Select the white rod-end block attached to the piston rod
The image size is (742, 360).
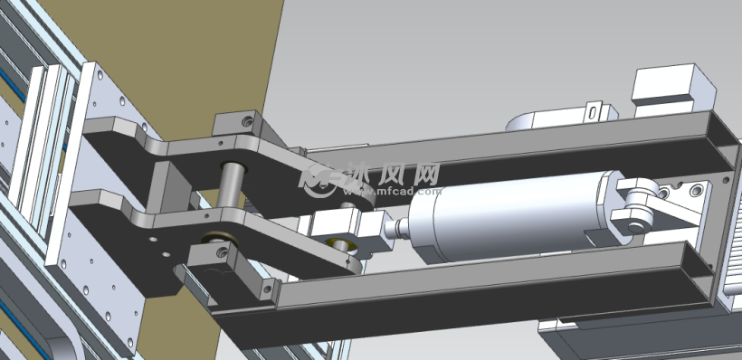[351, 228]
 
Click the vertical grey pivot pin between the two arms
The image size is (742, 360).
[232, 185]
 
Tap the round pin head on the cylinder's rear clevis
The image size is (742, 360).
[635, 228]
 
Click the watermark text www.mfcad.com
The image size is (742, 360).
[393, 192]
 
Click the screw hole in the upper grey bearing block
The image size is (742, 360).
[247, 122]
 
